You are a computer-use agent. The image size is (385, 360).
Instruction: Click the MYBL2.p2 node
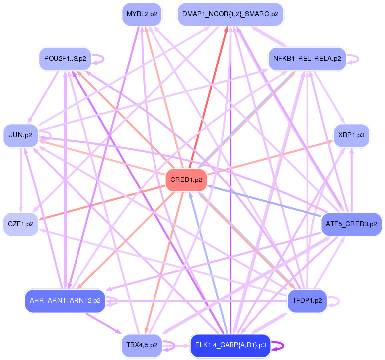(142, 14)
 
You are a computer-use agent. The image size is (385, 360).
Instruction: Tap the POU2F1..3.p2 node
(65, 59)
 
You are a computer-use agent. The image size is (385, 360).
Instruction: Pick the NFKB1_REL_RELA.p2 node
(307, 59)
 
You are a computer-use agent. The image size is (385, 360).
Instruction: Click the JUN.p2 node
(20, 135)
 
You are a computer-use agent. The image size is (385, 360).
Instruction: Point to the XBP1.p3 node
(351, 135)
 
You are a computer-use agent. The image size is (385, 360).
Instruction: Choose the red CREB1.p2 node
(186, 180)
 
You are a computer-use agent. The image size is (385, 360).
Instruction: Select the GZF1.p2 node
(20, 224)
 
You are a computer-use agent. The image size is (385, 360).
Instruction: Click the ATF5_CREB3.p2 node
(351, 224)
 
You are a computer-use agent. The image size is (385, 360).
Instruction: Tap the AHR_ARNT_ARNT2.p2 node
(65, 301)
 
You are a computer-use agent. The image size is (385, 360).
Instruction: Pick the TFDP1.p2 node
(307, 301)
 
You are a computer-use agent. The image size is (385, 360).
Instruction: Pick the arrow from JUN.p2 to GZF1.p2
(20, 179)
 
